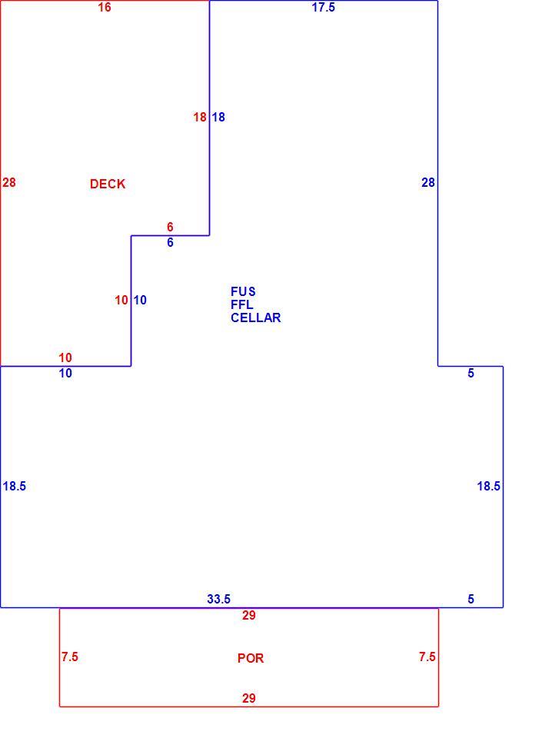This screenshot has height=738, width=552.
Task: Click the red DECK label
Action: point(108,184)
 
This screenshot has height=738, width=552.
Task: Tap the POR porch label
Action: point(251,658)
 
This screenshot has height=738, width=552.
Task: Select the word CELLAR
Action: point(255,317)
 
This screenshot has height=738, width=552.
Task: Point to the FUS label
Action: point(243,291)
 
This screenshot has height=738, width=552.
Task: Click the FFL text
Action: point(242,304)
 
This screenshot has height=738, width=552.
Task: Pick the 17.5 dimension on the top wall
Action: point(324,7)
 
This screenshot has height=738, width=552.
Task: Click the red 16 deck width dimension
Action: point(105,7)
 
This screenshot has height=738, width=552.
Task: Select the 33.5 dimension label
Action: point(219,599)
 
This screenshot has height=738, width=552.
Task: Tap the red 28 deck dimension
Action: point(9,182)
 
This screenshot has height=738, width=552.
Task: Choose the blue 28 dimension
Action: point(427,182)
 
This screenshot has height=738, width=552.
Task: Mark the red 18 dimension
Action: point(200,117)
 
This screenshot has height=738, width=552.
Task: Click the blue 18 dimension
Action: point(218,117)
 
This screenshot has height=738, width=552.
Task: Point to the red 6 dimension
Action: point(170,227)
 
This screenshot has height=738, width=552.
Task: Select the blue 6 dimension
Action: point(170,242)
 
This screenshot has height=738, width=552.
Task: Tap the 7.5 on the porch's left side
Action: point(70,657)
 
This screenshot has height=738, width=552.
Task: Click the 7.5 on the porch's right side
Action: point(427,657)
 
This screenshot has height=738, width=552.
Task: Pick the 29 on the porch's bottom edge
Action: point(249,698)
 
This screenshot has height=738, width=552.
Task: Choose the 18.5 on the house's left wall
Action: point(14,486)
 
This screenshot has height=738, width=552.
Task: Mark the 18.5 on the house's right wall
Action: point(488,486)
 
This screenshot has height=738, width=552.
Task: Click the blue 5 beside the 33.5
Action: point(471,599)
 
